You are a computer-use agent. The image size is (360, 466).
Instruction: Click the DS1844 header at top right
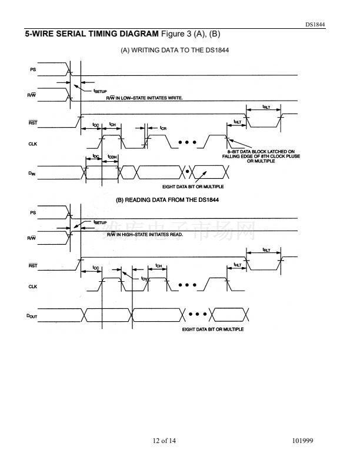pyautogui.click(x=315, y=25)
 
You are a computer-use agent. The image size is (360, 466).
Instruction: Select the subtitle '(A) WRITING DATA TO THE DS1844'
pyautogui.click(x=175, y=51)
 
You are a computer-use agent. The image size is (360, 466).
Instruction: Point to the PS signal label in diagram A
pyautogui.click(x=34, y=70)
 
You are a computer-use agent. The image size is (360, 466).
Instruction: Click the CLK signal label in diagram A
pyautogui.click(x=33, y=143)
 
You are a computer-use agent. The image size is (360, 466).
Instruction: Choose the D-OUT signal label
pyautogui.click(x=33, y=317)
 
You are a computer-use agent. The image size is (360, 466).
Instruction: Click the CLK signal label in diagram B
pyautogui.click(x=33, y=287)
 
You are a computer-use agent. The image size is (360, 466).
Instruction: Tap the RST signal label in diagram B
pyautogui.click(x=33, y=266)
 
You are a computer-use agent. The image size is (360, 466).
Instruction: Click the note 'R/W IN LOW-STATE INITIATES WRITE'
pyautogui.click(x=144, y=98)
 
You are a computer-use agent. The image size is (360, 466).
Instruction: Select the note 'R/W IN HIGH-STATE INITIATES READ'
pyautogui.click(x=145, y=235)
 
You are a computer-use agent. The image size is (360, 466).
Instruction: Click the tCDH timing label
pyautogui.click(x=112, y=157)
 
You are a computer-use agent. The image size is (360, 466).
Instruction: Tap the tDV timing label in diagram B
pyautogui.click(x=144, y=278)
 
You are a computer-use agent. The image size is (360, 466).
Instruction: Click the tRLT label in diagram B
pyautogui.click(x=266, y=250)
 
